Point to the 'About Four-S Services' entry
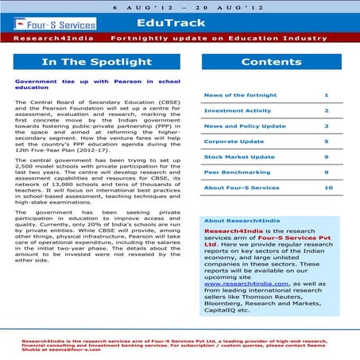[x=242, y=188]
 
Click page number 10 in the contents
[x=327, y=188]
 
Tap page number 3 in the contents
[x=327, y=126]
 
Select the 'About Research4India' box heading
[x=235, y=220]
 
